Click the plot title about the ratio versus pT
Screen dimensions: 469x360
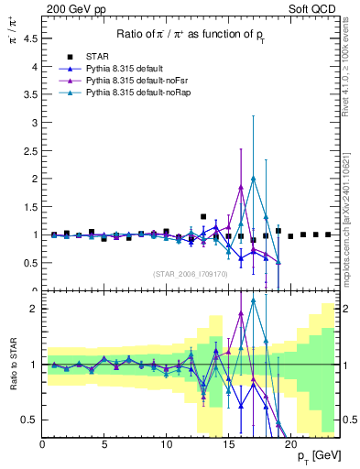pyautogui.click(x=191, y=35)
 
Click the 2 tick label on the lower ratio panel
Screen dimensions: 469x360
pyautogui.click(x=34, y=309)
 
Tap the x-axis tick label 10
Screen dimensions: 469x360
pyautogui.click(x=167, y=446)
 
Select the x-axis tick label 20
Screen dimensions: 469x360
pyautogui.click(x=290, y=446)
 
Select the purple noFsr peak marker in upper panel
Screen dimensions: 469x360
pyautogui.click(x=240, y=187)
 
